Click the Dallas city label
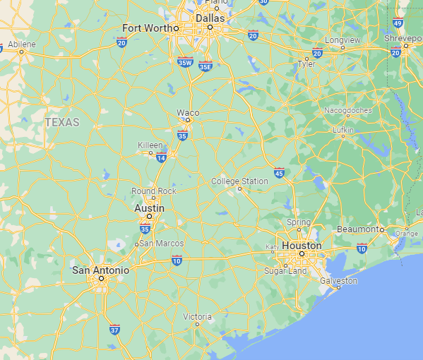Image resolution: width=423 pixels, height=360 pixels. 210,18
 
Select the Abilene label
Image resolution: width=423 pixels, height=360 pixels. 22,44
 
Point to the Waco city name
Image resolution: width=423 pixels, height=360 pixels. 188,112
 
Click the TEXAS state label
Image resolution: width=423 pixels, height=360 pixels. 62,122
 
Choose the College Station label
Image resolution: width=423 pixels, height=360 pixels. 240,181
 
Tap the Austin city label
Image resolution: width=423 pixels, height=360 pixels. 150,209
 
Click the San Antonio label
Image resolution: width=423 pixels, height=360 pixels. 101,270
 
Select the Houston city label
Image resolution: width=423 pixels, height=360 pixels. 302,245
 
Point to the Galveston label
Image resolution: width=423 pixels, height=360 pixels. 339,280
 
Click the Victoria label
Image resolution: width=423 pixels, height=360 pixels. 198,316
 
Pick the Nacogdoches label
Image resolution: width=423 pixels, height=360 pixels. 347,111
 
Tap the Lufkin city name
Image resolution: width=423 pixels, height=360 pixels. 343,129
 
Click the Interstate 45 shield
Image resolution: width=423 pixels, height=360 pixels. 279,172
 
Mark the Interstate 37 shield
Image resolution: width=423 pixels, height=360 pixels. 114,329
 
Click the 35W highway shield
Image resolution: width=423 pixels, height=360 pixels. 186,62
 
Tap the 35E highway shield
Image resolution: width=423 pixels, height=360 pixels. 205,66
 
